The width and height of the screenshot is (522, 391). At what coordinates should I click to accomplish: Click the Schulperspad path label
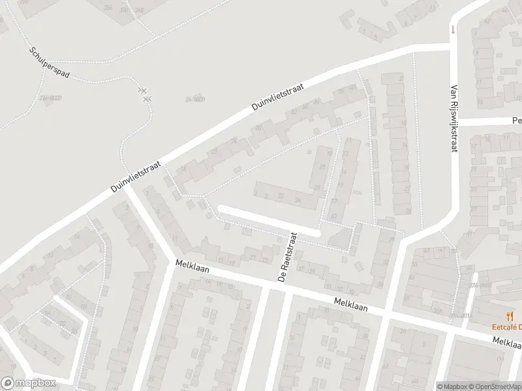pyautogui.click(x=50, y=62)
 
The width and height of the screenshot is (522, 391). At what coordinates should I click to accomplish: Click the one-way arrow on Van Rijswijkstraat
pyautogui.click(x=453, y=29)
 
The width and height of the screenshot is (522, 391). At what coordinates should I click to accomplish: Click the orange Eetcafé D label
pyautogui.click(x=506, y=326)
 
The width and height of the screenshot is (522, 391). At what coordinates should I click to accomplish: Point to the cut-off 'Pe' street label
pyautogui.click(x=517, y=121)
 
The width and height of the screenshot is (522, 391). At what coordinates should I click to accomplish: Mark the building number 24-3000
pyautogui.click(x=194, y=99)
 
